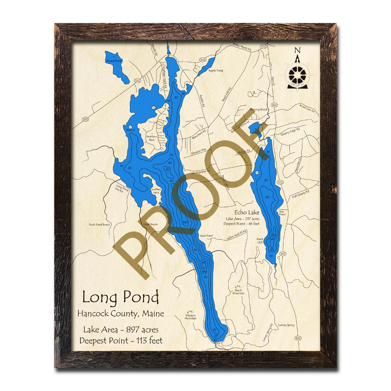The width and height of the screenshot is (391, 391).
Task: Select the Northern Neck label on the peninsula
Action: point(152,138)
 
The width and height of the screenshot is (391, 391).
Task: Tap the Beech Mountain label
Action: point(238,292)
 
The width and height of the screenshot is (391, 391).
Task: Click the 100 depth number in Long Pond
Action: point(185,222)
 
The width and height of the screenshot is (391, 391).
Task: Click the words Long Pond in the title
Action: point(120,298)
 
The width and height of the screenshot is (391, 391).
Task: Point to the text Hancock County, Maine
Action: point(121,314)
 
